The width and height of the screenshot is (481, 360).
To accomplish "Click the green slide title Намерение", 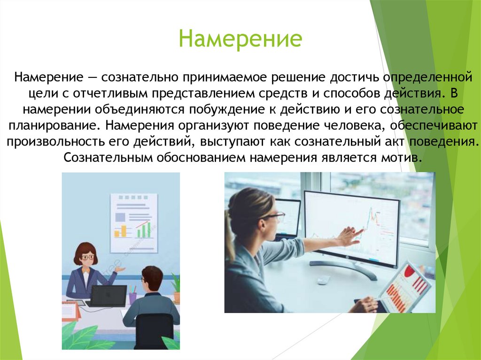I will (x=240, y=39).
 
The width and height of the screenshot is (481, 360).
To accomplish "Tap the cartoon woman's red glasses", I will (x=86, y=257).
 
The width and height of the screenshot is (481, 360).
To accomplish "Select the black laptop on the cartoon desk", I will (x=109, y=296).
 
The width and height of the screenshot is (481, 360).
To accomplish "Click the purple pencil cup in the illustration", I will (x=132, y=297).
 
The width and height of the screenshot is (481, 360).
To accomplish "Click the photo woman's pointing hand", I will (x=350, y=235).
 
